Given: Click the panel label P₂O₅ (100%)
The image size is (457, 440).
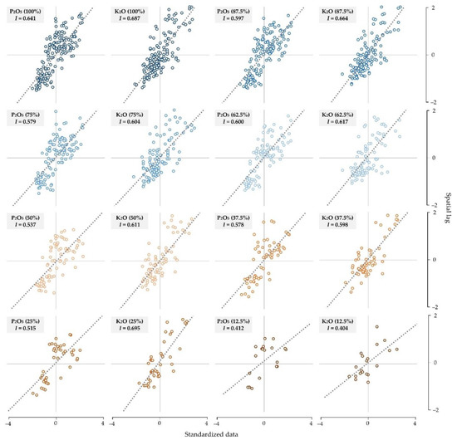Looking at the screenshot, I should [x=27, y=11].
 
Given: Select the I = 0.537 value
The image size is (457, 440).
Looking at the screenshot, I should [x=26, y=227].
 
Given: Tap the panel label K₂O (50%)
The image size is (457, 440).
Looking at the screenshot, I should [x=128, y=218].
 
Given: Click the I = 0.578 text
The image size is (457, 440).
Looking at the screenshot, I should [x=233, y=227].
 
